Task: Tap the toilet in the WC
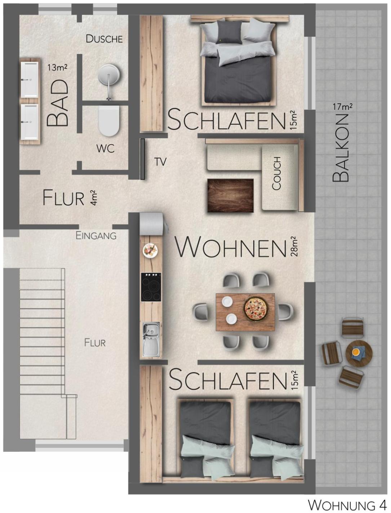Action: pos(109,121)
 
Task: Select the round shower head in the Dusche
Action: pos(109,75)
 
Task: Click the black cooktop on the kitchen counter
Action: pos(151,287)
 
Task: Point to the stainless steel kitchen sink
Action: pos(151,339)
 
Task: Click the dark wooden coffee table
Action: pos(231,195)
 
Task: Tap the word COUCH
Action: pos(276,174)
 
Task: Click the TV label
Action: pos(160,162)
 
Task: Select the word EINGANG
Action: pos(96,236)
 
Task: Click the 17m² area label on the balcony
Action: pos(343,107)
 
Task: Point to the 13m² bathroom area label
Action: pos(58,68)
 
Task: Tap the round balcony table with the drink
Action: pos(359,354)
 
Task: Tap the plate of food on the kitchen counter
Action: pos(150,250)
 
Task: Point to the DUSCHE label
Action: pos(104,39)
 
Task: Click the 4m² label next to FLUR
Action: pos(93,198)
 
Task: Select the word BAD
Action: pos(58,103)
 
